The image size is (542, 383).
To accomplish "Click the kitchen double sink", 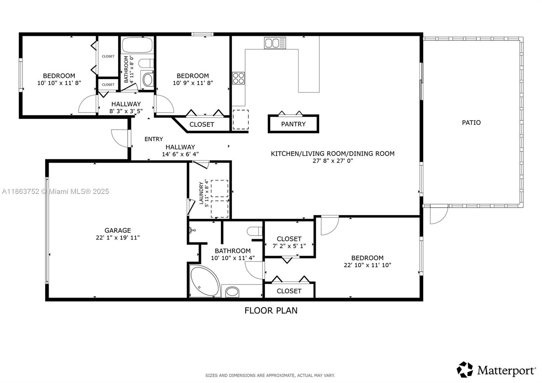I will [275, 43].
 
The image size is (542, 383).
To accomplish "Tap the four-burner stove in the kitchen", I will [238, 78].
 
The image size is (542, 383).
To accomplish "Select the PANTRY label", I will [293, 124].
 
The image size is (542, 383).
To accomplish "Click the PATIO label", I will [471, 123].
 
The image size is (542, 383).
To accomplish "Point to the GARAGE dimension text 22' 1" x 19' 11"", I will [118, 238].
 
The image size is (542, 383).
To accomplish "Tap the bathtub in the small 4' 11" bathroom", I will [137, 45].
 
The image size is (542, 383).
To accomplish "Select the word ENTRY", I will [153, 139].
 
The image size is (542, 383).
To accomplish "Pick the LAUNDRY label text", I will [201, 193].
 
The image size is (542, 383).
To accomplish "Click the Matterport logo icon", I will [465, 369].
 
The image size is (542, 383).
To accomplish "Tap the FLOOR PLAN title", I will [271, 310].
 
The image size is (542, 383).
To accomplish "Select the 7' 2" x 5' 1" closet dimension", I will [289, 246].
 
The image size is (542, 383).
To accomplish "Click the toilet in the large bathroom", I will [255, 231].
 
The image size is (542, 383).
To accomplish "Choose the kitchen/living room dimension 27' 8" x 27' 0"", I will [332, 161].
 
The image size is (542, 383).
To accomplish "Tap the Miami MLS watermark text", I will [55, 191].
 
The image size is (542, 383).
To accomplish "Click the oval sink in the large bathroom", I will [232, 291].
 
